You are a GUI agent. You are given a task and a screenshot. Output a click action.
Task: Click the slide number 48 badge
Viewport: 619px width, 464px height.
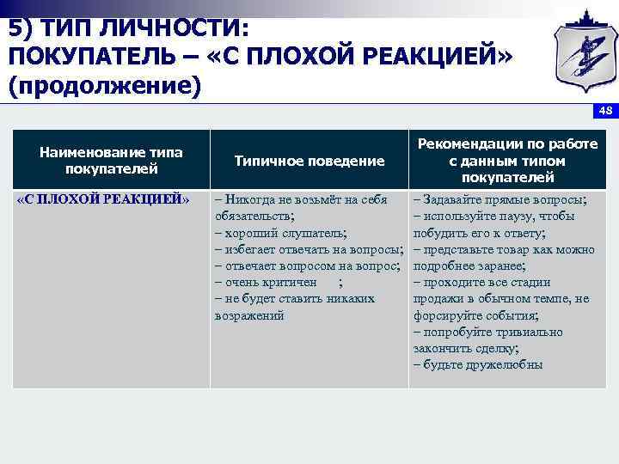point(605,111)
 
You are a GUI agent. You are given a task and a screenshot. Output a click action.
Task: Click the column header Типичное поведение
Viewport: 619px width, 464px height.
point(309,161)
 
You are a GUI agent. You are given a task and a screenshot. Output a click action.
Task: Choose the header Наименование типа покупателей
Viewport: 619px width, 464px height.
point(111,161)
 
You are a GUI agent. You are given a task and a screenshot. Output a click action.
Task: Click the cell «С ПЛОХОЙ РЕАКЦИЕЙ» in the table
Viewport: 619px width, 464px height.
point(103,199)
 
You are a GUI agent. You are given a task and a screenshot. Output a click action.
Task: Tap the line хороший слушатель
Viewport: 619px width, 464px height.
point(282,233)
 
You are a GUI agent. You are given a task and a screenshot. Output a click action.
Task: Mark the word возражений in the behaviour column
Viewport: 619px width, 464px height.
point(248,315)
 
